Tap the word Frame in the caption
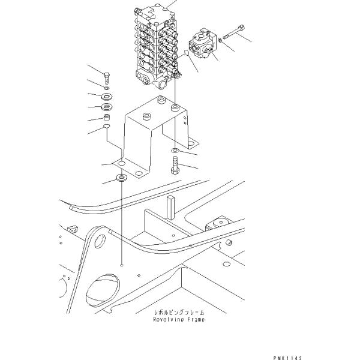pos(196,319)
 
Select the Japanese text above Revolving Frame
pos(179,312)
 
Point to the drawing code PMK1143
pos(287,358)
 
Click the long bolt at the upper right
pos(233,32)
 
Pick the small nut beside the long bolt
pos(220,40)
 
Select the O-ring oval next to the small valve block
pos(186,53)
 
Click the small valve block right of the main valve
pos(202,44)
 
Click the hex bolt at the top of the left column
pos(107,79)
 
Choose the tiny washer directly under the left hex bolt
pos(107,88)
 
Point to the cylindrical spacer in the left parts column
pos(107,118)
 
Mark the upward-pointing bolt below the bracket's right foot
pos(175,165)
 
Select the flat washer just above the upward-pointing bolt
pos(175,151)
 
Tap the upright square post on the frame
pos(170,207)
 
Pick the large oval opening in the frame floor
pos(103,290)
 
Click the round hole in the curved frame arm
pos(100,241)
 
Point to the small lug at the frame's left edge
pos(73,229)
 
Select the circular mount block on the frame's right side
pos(221,223)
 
